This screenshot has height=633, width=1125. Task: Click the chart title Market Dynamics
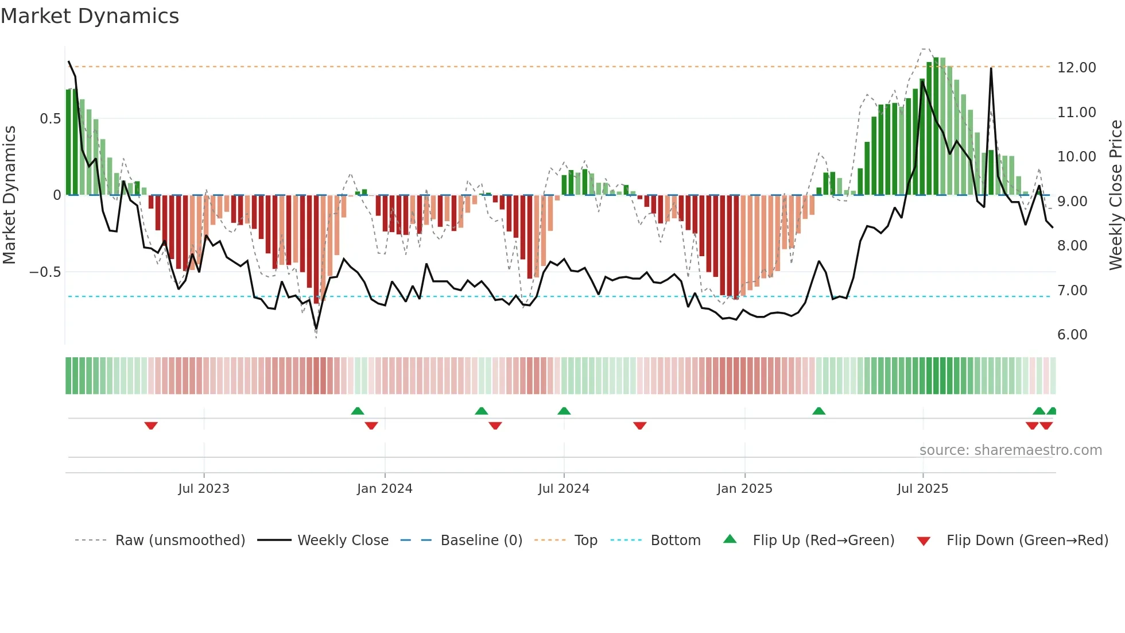click(90, 16)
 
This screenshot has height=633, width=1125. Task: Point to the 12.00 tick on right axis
click(1076, 68)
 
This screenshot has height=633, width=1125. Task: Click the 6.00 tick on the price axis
click(1072, 335)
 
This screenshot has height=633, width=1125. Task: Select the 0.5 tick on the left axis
click(50, 119)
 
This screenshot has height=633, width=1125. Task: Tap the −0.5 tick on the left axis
click(45, 272)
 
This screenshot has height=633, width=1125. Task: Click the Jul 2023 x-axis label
click(204, 489)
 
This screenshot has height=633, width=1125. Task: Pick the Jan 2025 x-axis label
click(744, 489)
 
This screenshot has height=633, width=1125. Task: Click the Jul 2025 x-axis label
click(922, 489)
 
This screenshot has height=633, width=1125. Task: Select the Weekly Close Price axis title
click(1115, 195)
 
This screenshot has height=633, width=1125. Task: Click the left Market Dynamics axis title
click(9, 195)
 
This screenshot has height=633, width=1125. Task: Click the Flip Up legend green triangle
click(730, 539)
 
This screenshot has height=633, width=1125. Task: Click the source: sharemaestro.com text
click(1010, 450)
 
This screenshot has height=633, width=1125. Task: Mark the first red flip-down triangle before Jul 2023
click(151, 426)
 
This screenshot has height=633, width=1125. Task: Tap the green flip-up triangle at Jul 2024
click(564, 411)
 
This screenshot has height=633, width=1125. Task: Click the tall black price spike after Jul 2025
click(991, 70)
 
